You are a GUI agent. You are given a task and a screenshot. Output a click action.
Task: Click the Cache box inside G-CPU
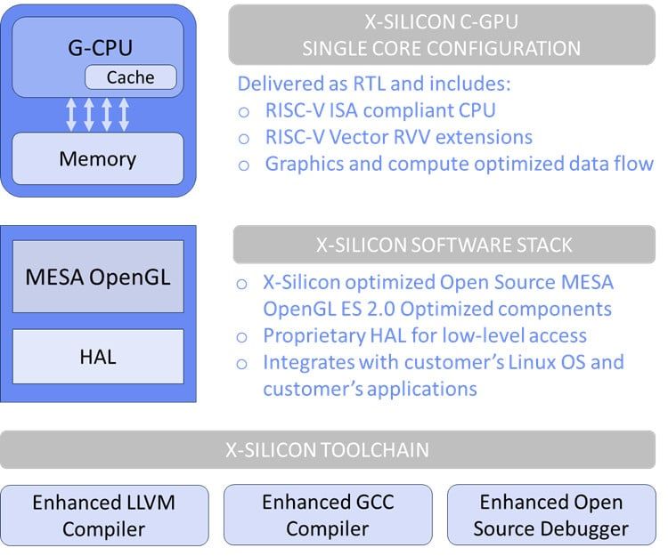(x=130, y=77)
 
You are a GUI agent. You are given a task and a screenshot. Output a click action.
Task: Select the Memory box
(x=97, y=159)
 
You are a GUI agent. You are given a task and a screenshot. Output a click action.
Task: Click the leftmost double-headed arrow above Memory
(x=71, y=114)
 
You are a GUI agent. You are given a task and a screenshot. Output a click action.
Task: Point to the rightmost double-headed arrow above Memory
(x=123, y=114)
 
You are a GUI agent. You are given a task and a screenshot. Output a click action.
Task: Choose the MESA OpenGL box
(x=97, y=276)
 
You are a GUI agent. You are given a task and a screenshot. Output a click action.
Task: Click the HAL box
(x=98, y=358)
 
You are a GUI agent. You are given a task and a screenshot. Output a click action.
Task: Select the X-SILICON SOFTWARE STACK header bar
(x=443, y=245)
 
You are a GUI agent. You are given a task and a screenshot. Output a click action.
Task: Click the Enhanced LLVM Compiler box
(x=104, y=515)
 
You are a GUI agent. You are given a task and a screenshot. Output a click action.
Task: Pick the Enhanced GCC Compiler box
(x=327, y=515)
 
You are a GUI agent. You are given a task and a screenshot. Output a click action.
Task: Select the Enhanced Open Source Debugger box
(x=550, y=515)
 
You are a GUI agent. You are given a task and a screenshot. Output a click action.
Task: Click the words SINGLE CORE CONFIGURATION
(x=442, y=49)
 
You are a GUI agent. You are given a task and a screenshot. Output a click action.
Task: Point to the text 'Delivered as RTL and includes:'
(x=373, y=85)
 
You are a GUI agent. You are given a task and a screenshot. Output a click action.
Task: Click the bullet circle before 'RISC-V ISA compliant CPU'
(x=245, y=112)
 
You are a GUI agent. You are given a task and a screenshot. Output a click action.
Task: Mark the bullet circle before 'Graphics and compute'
(x=245, y=165)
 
